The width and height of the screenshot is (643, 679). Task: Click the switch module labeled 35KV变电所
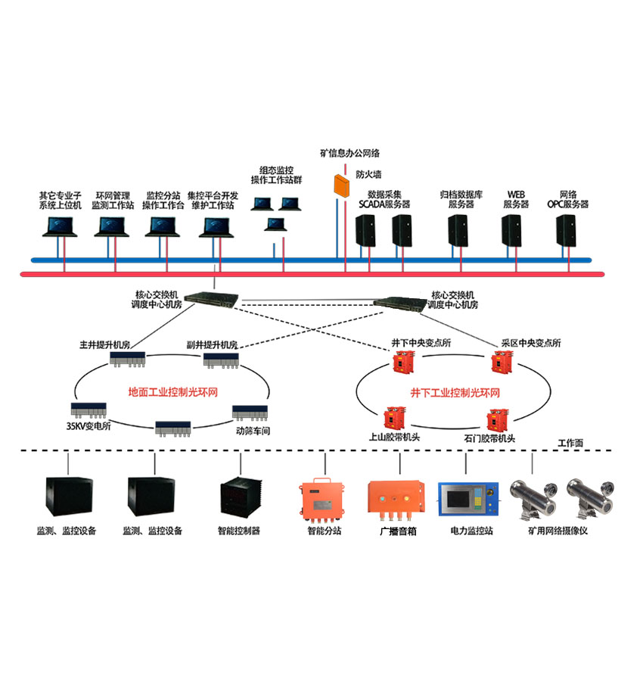[x=92, y=410]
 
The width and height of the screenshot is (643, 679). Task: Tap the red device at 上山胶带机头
[x=392, y=417]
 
